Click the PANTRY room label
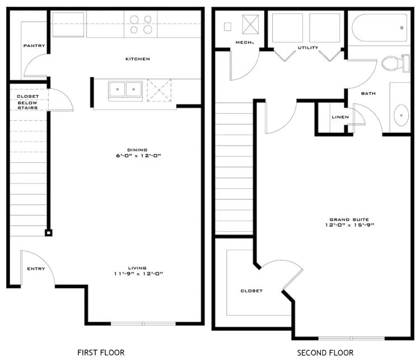click(34, 46)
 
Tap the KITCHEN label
click(138, 59)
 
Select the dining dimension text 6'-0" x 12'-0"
click(138, 156)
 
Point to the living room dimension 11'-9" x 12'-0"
click(138, 274)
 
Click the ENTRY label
click(36, 269)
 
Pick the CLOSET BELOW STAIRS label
click(28, 102)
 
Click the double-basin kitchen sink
click(125, 91)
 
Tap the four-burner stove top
click(141, 25)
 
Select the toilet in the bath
click(395, 63)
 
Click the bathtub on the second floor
click(380, 28)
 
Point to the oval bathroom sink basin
click(402, 115)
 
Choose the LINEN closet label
click(340, 117)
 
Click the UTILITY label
click(308, 48)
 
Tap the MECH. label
click(245, 43)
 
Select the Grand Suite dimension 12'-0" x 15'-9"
click(349, 225)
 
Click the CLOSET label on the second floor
click(251, 291)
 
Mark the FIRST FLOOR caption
click(101, 353)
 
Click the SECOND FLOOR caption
click(325, 353)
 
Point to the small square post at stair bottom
click(49, 233)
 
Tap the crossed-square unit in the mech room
click(250, 25)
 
